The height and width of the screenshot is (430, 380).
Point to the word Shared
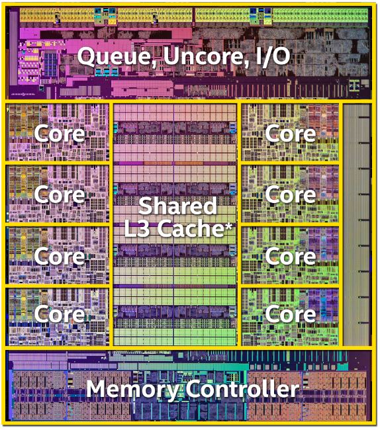pos(178,206)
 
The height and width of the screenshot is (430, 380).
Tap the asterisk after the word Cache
pos(228,225)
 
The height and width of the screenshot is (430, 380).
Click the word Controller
pos(242,389)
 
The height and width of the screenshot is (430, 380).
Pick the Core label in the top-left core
pos(60,134)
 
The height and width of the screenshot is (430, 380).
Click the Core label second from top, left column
pos(60,194)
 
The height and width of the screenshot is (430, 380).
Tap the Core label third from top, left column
pos(60,256)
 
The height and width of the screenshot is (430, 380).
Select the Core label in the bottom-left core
pos(60,314)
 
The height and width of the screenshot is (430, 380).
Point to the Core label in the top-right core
pos(291,134)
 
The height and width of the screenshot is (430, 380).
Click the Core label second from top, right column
pos(291,194)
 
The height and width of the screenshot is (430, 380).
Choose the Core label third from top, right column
pos(291,256)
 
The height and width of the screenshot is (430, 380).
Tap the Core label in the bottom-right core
pos(291,314)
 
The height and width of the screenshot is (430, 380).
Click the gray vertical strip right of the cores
pos(357,225)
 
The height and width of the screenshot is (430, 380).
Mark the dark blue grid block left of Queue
pos(51,65)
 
